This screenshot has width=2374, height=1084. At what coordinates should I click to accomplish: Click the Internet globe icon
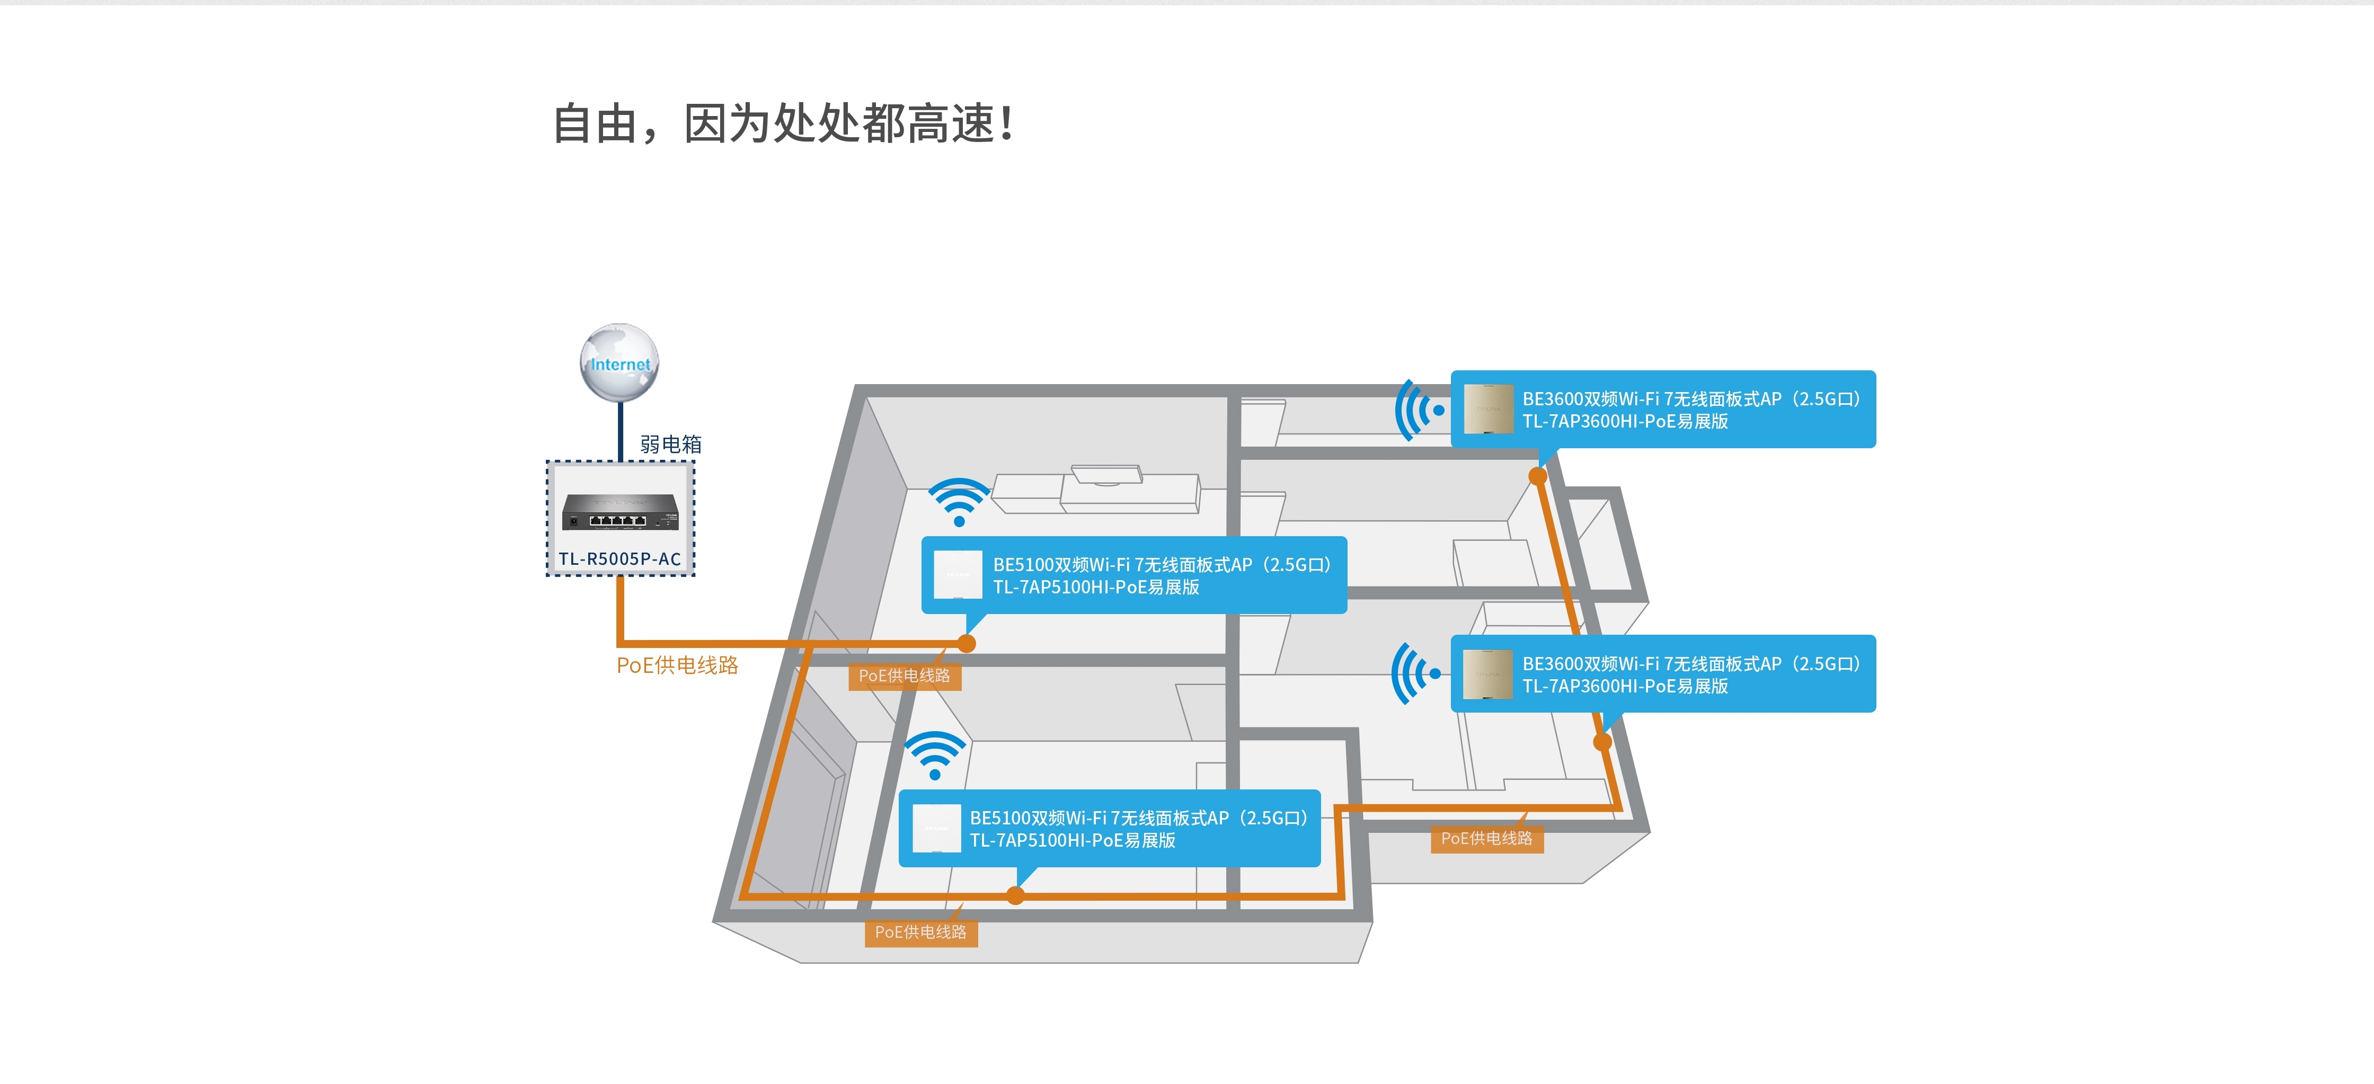click(x=619, y=362)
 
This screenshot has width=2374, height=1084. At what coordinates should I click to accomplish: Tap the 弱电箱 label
click(x=671, y=445)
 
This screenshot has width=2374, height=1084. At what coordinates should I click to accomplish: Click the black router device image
click(x=620, y=512)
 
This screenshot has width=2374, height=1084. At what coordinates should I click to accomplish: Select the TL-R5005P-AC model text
click(x=619, y=558)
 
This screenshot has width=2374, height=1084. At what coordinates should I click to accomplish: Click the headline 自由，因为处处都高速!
click(x=783, y=123)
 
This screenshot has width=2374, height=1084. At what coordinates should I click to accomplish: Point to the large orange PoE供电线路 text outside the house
click(x=677, y=665)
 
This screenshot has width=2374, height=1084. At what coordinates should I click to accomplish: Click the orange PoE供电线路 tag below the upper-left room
click(x=904, y=676)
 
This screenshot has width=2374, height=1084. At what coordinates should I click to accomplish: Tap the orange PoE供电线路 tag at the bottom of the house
click(x=920, y=932)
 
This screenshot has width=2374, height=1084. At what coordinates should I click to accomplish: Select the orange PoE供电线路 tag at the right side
click(x=1486, y=838)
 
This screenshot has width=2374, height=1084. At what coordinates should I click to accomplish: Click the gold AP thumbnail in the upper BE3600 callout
click(x=1489, y=408)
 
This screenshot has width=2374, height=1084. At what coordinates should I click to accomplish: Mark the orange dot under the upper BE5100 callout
click(x=967, y=643)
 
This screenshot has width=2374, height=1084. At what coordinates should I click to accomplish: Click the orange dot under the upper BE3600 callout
click(x=1538, y=476)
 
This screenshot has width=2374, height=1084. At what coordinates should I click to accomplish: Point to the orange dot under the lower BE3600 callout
click(x=1602, y=741)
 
